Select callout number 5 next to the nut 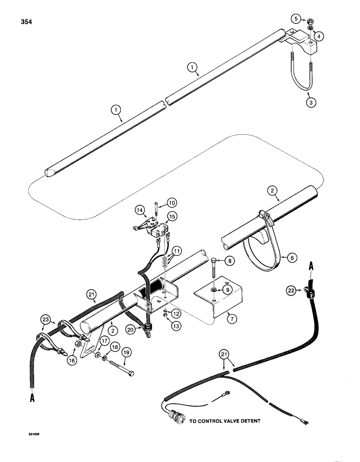(x=296, y=19)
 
